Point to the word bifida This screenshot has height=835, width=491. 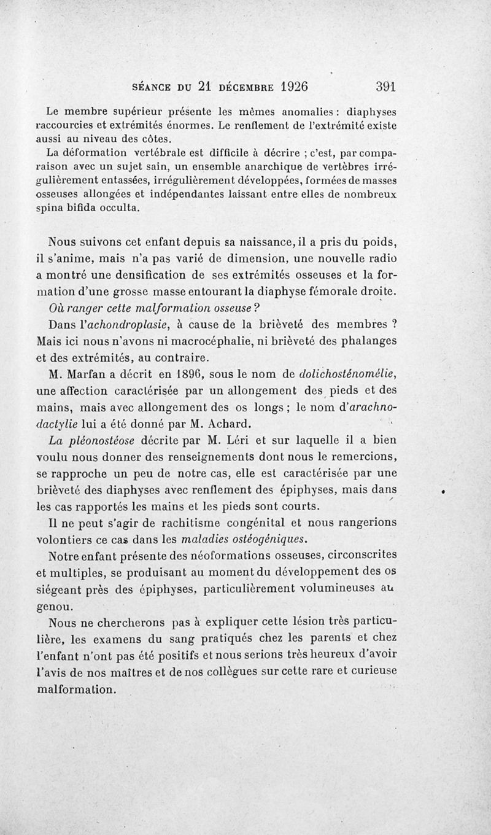[x=80, y=208]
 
